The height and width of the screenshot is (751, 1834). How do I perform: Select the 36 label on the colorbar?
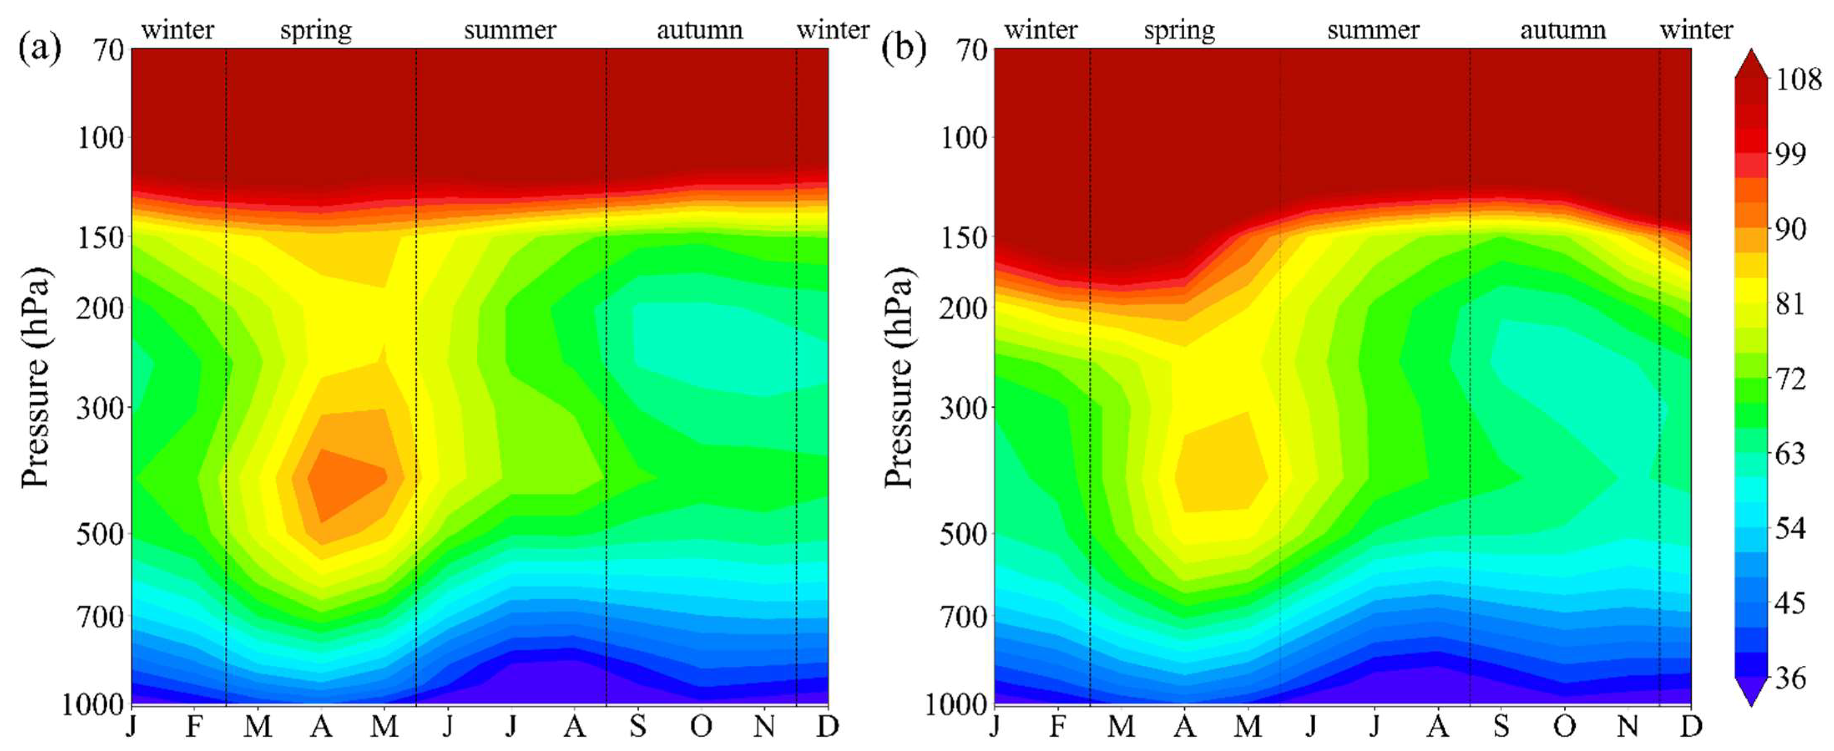(1791, 677)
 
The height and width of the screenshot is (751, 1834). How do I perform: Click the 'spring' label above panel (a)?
(315, 30)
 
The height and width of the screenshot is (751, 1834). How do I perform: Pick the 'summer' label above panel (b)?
(1372, 30)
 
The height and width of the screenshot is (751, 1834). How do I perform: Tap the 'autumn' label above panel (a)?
(699, 30)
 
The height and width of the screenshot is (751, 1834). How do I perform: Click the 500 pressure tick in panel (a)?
(100, 533)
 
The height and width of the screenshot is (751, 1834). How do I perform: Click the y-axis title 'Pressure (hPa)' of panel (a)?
(35, 378)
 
